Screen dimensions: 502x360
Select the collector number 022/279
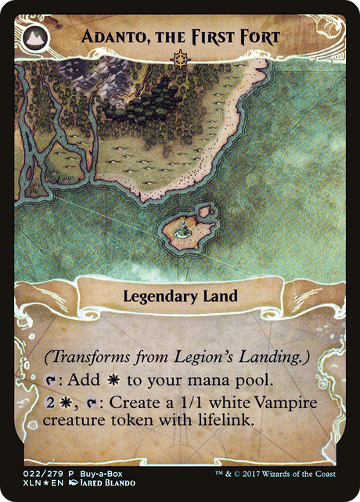coord(36,474)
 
